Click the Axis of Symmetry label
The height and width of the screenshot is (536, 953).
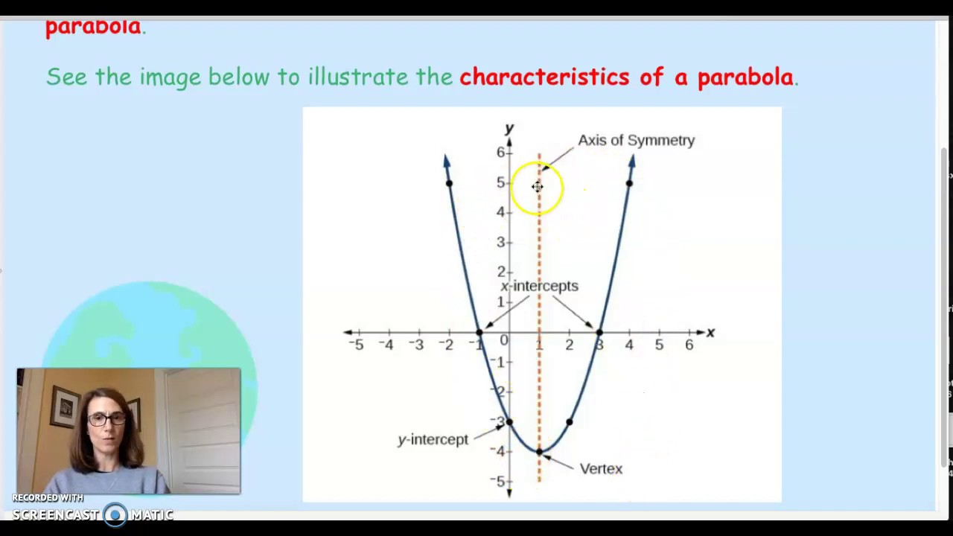636,140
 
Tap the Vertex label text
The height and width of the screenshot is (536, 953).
600,468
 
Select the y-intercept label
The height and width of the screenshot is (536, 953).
433,439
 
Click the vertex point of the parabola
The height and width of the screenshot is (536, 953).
539,451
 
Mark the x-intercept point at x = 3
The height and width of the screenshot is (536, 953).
599,332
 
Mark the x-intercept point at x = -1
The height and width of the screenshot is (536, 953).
479,332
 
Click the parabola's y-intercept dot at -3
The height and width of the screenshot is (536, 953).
509,422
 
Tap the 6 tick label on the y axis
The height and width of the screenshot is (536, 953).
501,152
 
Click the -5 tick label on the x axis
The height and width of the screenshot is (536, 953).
357,345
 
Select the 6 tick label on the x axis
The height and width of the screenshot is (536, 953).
689,345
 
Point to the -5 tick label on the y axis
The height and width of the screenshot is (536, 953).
500,481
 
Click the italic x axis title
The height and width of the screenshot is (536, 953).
710,333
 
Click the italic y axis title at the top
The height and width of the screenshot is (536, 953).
509,129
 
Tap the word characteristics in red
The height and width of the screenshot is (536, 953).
544,77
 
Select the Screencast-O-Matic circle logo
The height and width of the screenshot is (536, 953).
115,514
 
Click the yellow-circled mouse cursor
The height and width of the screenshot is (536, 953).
538,187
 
